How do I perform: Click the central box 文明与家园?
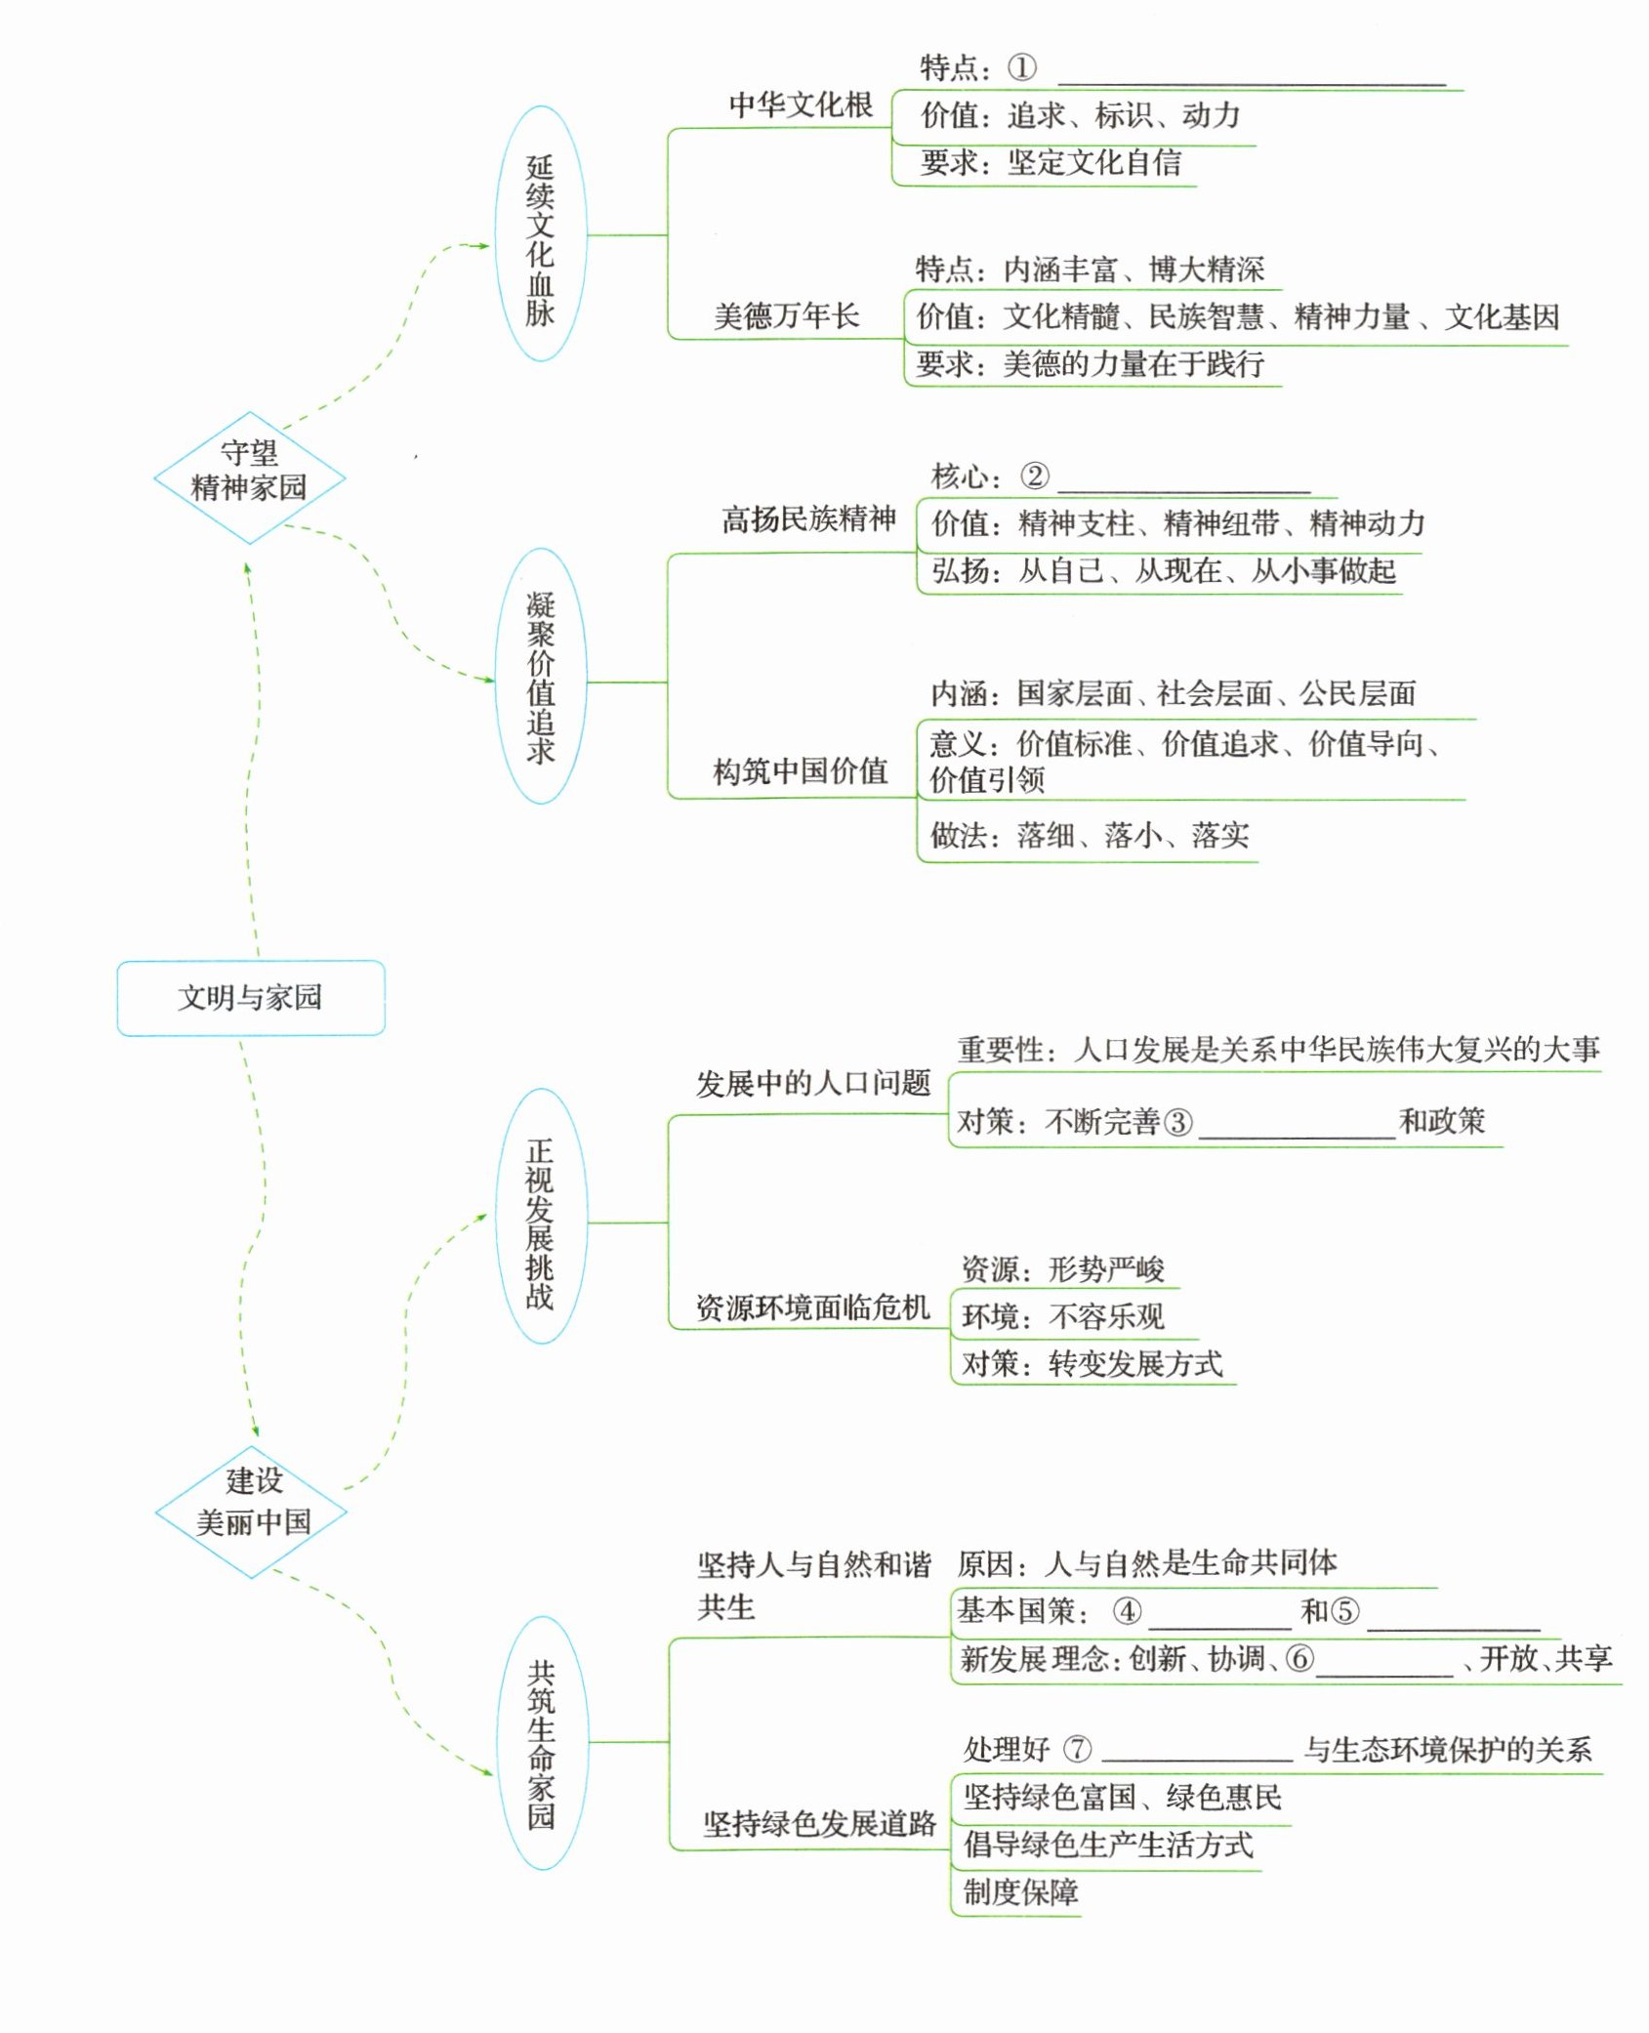coord(250,997)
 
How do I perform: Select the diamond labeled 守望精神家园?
coord(249,471)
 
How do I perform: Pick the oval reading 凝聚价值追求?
coord(540,677)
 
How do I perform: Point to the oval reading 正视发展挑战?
coord(540,1223)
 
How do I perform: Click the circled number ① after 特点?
coord(1021,68)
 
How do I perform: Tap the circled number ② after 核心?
coord(1034,477)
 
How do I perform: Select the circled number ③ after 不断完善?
coord(1177,1122)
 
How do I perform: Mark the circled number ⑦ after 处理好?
coord(1077,1749)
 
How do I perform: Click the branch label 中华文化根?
coord(801,105)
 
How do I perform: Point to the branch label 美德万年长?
coord(786,316)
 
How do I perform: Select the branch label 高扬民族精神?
coord(808,519)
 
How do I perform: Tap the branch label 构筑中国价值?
coord(800,771)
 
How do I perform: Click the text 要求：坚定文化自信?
coord(1050,162)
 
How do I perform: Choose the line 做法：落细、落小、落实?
coord(1089,835)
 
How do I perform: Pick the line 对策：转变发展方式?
coord(1092,1363)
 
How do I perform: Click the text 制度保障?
coord(1020,1892)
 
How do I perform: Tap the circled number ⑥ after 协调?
coord(1299,1658)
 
